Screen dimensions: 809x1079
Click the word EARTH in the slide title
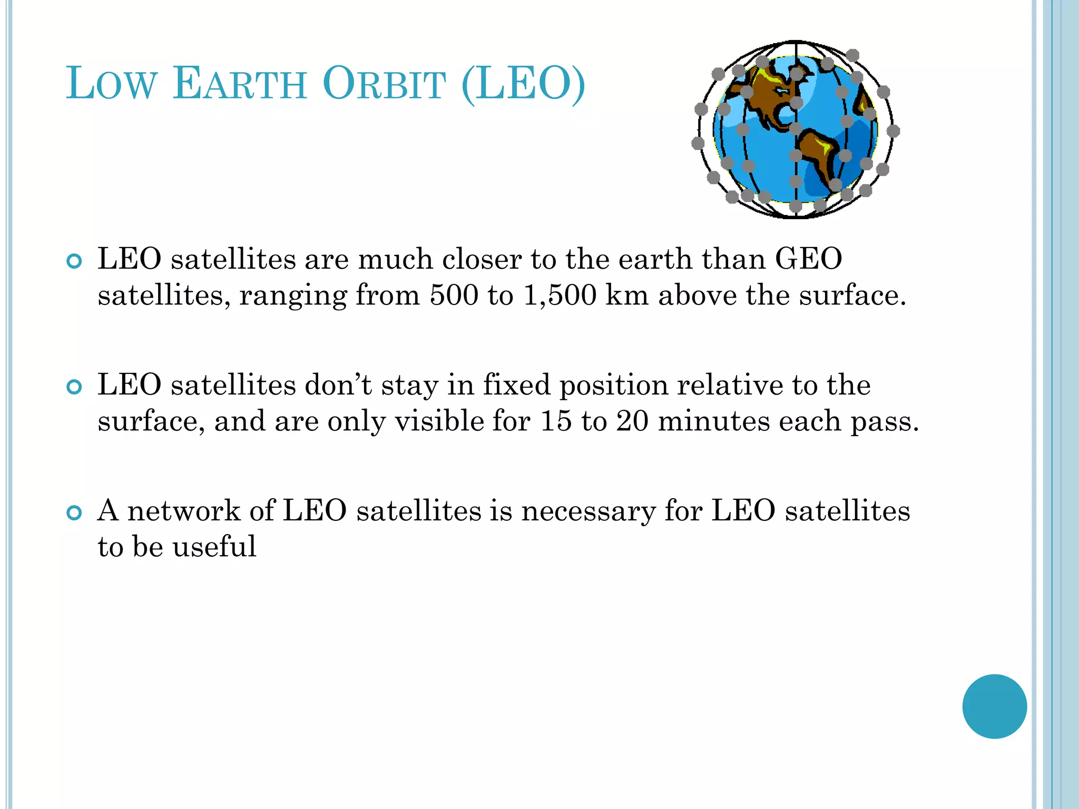240,84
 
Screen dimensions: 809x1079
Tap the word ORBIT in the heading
384,84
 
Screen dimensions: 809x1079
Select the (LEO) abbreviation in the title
523,84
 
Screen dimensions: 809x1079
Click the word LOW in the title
112,84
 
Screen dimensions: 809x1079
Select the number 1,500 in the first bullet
560,295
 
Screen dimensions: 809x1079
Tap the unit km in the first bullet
627,295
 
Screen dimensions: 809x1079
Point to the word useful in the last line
214,546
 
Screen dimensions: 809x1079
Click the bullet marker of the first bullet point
75,261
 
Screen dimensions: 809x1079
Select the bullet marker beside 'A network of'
75,512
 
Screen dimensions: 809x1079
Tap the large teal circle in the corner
994,706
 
